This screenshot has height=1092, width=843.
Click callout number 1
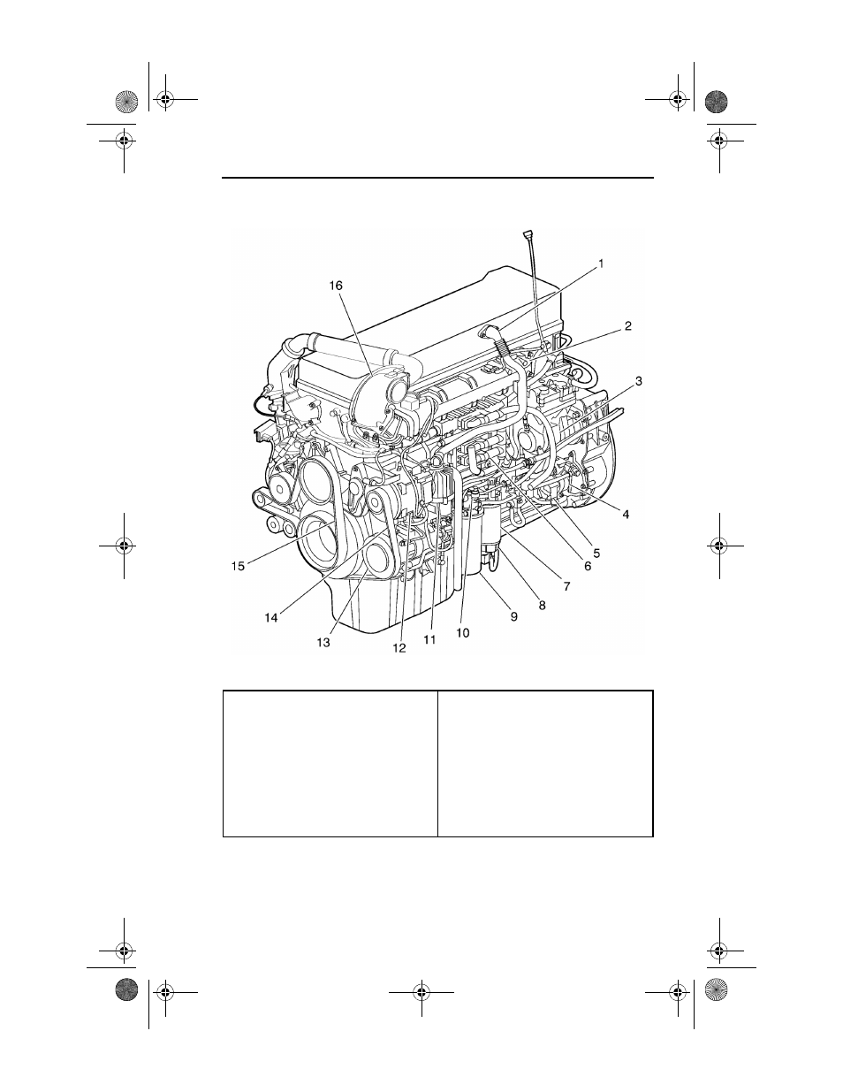(x=601, y=263)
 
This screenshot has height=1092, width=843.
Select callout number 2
(x=627, y=326)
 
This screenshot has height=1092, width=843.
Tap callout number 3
(x=639, y=381)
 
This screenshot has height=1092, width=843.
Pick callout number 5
(x=596, y=554)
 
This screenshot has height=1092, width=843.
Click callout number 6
(x=588, y=567)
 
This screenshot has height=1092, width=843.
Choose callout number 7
(x=566, y=586)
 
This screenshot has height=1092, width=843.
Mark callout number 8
(x=543, y=606)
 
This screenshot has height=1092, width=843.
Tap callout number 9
(x=513, y=616)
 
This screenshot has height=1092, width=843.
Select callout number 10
(x=463, y=633)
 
